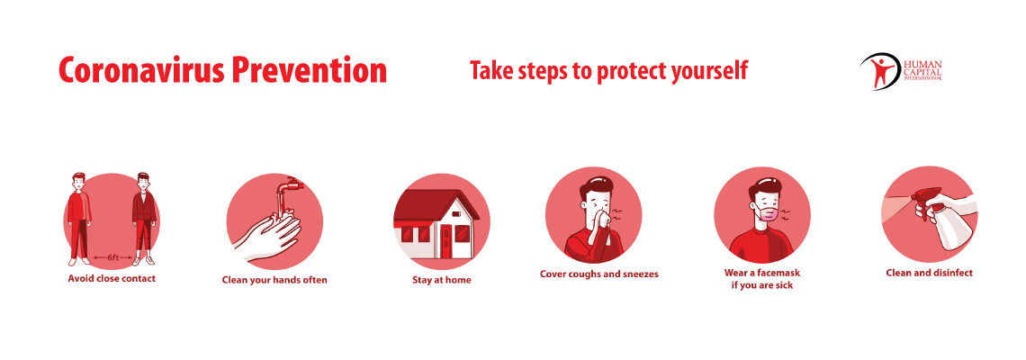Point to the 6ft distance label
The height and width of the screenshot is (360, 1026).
[x=113, y=258]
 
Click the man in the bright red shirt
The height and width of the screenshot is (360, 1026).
[x=79, y=219]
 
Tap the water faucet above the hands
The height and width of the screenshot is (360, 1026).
[x=285, y=188]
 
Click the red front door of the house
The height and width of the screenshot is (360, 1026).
[x=446, y=240]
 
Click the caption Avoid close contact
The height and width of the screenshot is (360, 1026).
[x=112, y=278]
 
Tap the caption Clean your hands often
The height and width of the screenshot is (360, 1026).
[x=274, y=280]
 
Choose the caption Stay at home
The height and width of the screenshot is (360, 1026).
[x=442, y=280]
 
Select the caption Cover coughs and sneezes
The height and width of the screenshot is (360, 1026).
[x=598, y=274]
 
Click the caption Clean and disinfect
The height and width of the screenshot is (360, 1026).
[x=929, y=273]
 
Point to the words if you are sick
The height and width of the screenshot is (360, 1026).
[x=761, y=285]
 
